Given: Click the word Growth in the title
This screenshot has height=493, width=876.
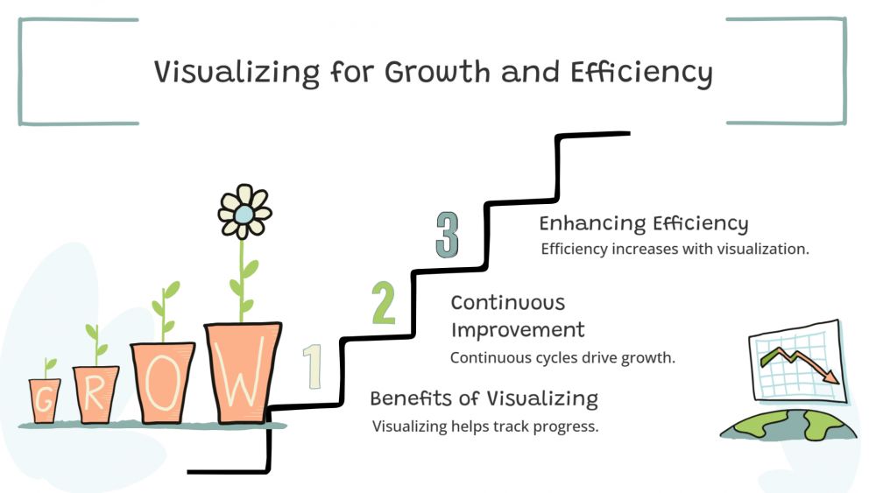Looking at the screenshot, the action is pyautogui.click(x=437, y=72).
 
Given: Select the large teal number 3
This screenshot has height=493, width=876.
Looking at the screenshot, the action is pyautogui.click(x=448, y=235).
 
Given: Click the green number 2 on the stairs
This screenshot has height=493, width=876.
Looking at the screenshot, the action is pyautogui.click(x=384, y=303).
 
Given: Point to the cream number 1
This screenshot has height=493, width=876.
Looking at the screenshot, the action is pyautogui.click(x=313, y=366).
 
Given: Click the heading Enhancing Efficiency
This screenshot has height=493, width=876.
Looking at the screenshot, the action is pyautogui.click(x=644, y=223).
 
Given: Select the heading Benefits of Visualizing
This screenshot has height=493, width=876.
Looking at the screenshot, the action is pyautogui.click(x=484, y=398).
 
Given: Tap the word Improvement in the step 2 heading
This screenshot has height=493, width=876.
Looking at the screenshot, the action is pyautogui.click(x=518, y=330).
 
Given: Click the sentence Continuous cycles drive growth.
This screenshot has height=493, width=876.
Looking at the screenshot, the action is pyautogui.click(x=562, y=357).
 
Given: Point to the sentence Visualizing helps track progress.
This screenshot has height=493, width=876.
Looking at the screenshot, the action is pyautogui.click(x=485, y=426).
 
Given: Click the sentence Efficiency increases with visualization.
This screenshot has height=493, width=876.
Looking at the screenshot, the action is pyautogui.click(x=675, y=249).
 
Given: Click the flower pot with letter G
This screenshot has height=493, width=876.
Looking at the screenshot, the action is pyautogui.click(x=45, y=401).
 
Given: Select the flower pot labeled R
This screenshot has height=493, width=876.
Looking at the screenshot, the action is pyautogui.click(x=95, y=394).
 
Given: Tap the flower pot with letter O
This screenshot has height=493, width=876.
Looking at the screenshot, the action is pyautogui.click(x=163, y=383).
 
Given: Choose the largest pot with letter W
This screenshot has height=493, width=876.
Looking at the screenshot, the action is pyautogui.click(x=243, y=372).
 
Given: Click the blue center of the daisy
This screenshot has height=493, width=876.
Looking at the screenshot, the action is pyautogui.click(x=244, y=214).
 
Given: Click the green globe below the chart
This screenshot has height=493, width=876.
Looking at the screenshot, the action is pyautogui.click(x=788, y=426).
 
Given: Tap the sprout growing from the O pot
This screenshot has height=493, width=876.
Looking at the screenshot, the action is pyautogui.click(x=165, y=312).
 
